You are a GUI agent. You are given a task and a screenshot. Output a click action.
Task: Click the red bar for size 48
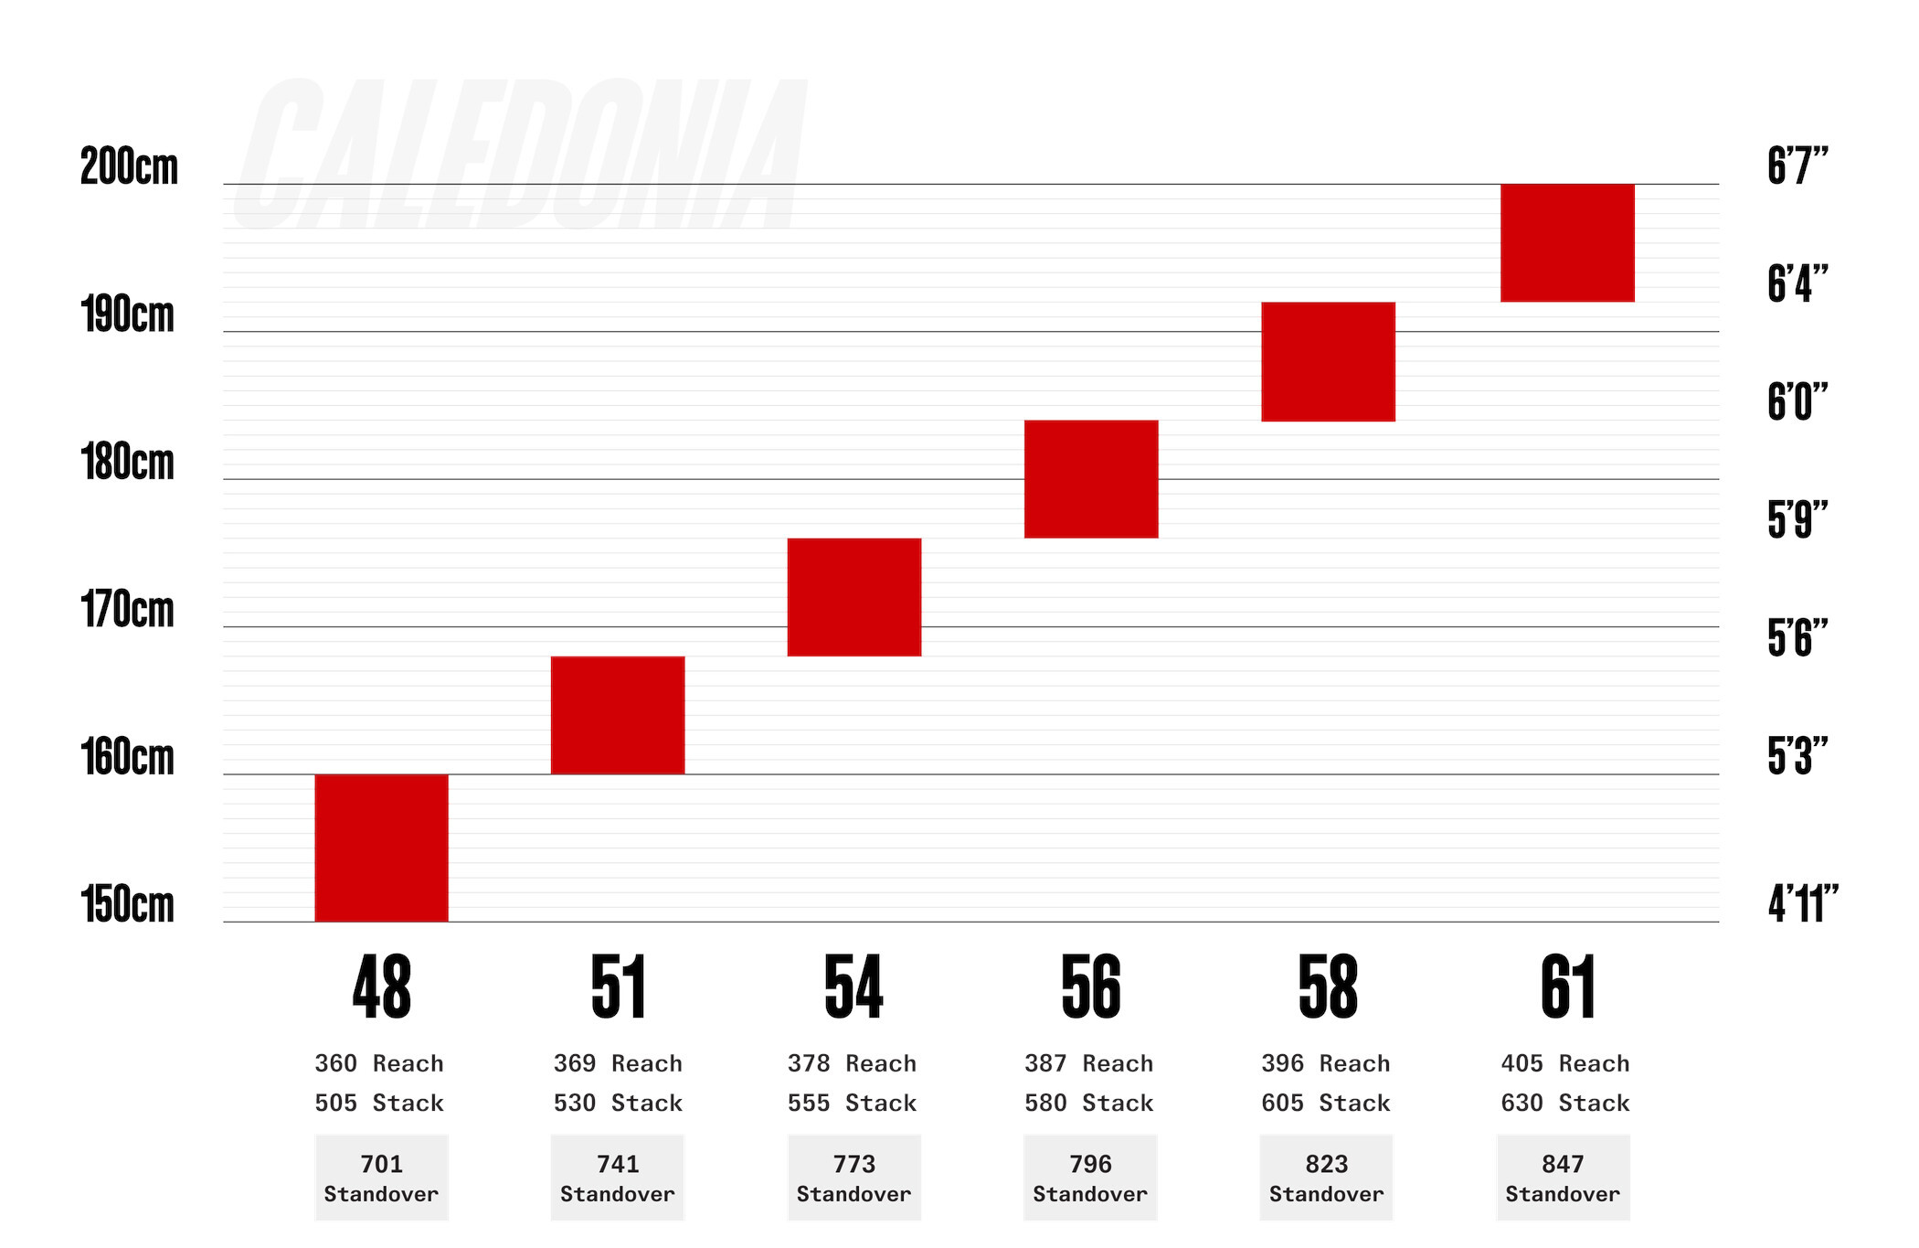tap(381, 848)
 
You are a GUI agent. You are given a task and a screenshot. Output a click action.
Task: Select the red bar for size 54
tap(853, 597)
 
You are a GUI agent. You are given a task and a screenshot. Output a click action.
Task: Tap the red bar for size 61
tap(1567, 242)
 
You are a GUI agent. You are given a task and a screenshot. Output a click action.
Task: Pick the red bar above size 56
tap(1091, 479)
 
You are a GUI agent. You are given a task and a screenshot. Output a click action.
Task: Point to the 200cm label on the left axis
tap(129, 166)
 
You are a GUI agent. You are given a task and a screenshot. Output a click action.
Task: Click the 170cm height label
tap(127, 610)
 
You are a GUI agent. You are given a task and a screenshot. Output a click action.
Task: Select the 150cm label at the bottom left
tap(127, 904)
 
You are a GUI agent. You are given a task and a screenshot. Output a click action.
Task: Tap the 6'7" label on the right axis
tap(1797, 166)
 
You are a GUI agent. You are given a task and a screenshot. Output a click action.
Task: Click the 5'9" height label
tap(1797, 520)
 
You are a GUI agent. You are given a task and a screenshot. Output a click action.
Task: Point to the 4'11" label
tap(1802, 904)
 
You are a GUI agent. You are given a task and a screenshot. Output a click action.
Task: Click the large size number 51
tap(619, 987)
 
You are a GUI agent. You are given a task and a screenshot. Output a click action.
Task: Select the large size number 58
tap(1328, 987)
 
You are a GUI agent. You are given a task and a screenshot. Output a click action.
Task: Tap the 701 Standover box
tap(381, 1178)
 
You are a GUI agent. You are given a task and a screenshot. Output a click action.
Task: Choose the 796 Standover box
tap(1090, 1178)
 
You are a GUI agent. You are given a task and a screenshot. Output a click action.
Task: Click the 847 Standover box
tap(1563, 1178)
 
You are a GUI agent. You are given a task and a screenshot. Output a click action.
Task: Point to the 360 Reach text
tap(379, 1063)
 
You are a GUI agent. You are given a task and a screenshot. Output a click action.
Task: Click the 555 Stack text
tap(852, 1103)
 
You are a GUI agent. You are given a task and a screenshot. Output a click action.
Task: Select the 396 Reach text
tap(1326, 1063)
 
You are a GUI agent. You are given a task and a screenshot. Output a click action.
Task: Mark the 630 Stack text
tap(1564, 1103)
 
